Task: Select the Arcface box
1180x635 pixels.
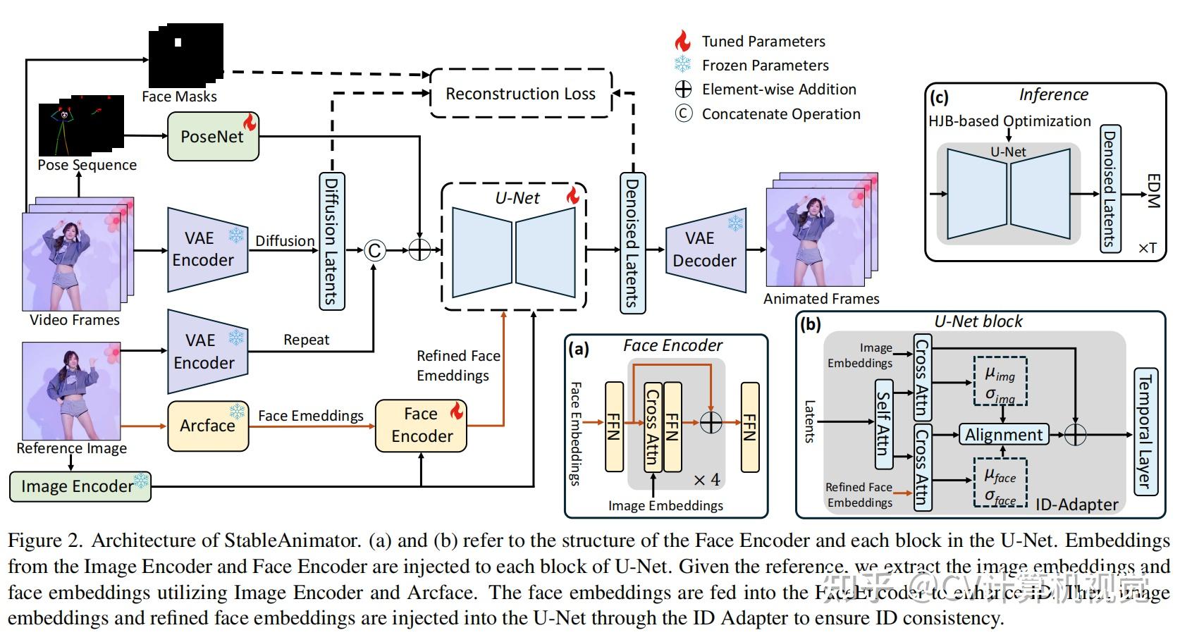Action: [x=208, y=426]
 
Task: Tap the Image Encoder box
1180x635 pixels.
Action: [x=80, y=486]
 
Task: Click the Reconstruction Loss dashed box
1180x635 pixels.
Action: [x=520, y=94]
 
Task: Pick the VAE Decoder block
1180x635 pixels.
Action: [x=705, y=249]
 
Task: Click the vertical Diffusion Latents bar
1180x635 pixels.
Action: [x=331, y=240]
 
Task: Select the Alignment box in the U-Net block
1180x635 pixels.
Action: [x=1004, y=435]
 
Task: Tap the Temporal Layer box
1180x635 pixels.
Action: [x=1145, y=431]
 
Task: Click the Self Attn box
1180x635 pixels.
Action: [x=883, y=424]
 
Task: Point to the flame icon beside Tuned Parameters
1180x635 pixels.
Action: [x=682, y=41]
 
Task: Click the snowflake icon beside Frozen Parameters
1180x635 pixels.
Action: [x=682, y=65]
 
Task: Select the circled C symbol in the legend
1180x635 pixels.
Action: [x=683, y=113]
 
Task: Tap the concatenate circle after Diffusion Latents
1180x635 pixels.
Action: [x=375, y=250]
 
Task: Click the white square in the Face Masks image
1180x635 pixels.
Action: [x=178, y=42]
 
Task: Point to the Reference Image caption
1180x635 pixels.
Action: [x=72, y=448]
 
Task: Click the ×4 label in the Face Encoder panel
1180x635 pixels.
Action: [x=706, y=480]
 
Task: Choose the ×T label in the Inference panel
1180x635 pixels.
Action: [x=1147, y=248]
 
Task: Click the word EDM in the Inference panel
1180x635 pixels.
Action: [x=1153, y=191]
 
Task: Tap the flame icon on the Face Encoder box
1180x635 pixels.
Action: [x=457, y=410]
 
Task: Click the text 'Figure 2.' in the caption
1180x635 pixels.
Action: [x=45, y=541]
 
